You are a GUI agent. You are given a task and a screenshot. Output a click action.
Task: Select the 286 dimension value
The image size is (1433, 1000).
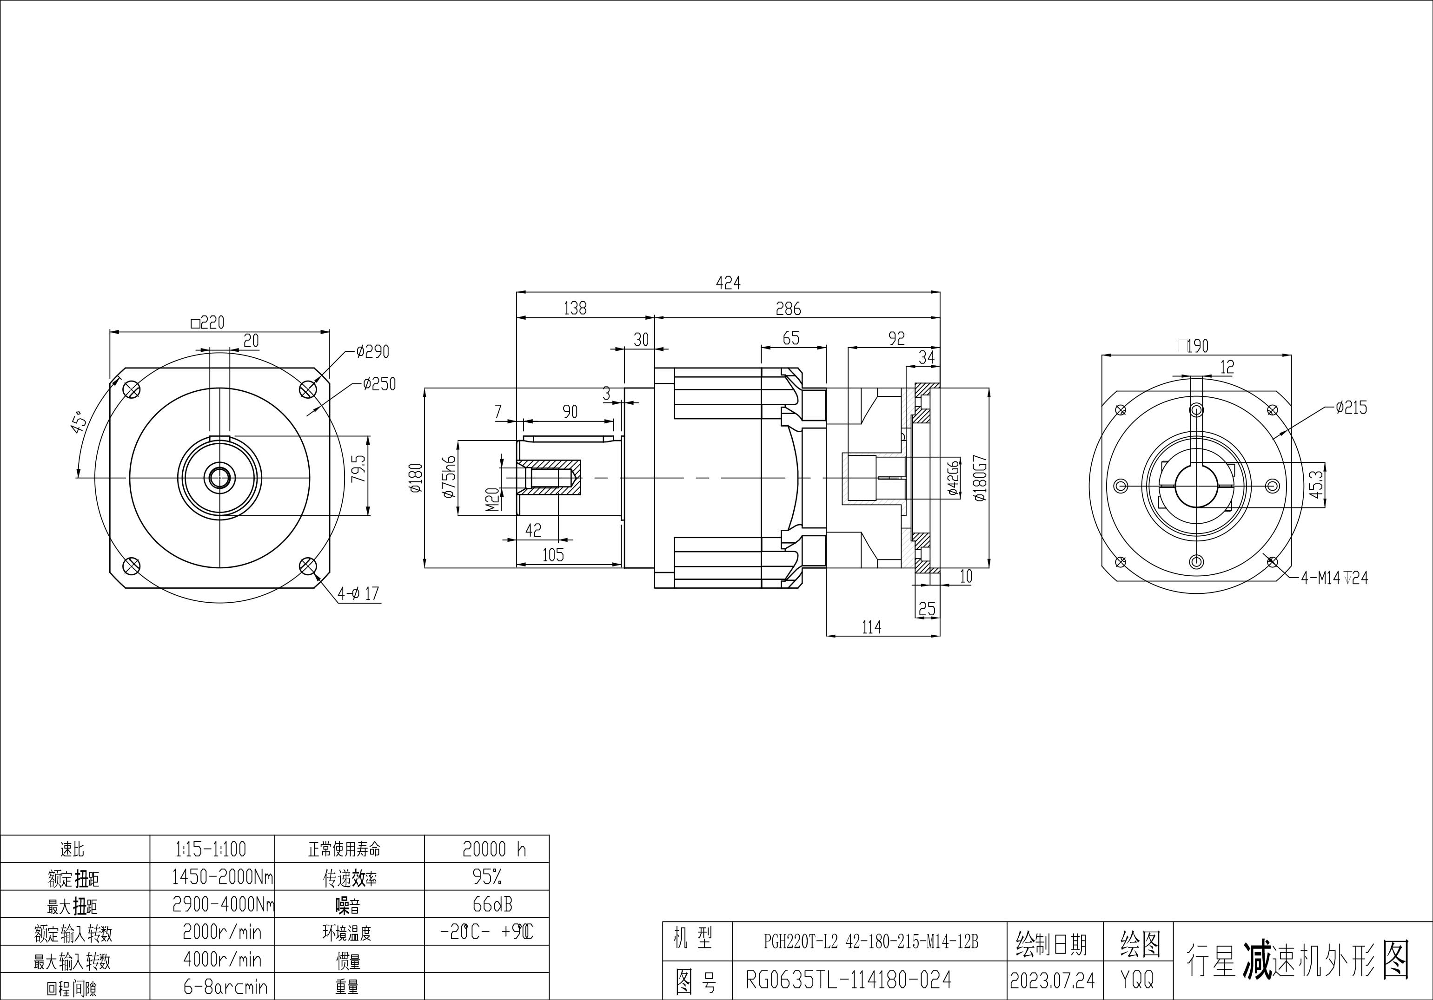click(788, 309)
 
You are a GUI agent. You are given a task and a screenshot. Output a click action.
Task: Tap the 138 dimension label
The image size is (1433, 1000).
click(575, 308)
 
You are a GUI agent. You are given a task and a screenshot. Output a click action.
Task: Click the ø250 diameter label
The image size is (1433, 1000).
click(379, 384)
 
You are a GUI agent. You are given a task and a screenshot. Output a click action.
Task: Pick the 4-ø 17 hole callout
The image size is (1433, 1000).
click(358, 593)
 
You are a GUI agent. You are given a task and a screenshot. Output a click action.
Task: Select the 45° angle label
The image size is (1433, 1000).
click(79, 423)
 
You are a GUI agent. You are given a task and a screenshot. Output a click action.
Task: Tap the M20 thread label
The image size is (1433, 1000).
click(493, 499)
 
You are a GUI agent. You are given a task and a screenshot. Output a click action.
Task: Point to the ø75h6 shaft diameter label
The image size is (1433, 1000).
click(449, 477)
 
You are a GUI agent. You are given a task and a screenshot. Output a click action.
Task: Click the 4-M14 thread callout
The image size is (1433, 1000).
click(1334, 578)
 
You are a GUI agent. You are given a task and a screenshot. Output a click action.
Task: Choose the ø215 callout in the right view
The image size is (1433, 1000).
click(1351, 408)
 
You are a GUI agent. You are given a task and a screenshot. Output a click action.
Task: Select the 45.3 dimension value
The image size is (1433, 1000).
click(1316, 484)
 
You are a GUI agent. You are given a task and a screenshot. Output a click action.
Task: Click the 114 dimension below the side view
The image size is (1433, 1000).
click(871, 627)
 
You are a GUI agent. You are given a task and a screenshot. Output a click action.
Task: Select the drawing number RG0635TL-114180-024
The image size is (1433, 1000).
click(849, 980)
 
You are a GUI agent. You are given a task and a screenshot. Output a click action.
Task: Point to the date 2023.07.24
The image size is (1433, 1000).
click(1052, 980)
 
